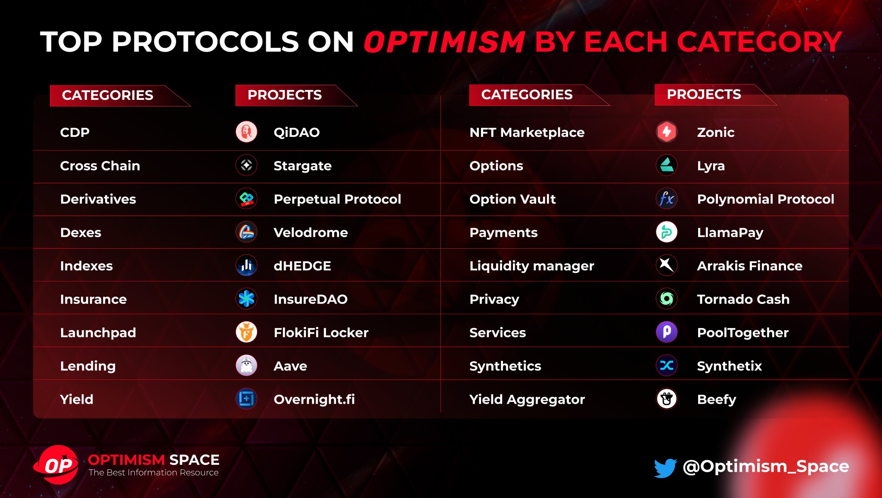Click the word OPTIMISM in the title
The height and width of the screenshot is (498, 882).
(444, 42)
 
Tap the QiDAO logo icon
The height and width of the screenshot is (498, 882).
(246, 132)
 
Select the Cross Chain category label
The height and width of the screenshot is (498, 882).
(100, 166)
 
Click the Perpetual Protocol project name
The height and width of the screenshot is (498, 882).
(337, 199)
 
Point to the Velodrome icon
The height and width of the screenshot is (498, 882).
(246, 232)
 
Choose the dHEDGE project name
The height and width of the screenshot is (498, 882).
(302, 266)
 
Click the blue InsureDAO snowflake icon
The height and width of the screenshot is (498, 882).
(246, 299)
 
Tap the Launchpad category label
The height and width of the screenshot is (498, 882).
(98, 332)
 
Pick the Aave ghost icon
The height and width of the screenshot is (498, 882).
(246, 365)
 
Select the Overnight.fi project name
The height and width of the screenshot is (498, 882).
(314, 399)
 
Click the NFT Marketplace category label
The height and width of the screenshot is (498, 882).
(527, 132)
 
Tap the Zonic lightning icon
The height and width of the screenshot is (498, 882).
(666, 132)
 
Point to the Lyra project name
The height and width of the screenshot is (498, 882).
(711, 166)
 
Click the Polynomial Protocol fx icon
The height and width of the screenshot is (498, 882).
(666, 199)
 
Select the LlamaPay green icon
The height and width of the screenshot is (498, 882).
(666, 232)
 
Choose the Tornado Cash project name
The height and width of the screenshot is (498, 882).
(743, 299)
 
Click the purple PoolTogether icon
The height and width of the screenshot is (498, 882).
(666, 332)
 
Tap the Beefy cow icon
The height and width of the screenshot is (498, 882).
(666, 399)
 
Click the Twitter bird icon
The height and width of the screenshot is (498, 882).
(665, 467)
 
